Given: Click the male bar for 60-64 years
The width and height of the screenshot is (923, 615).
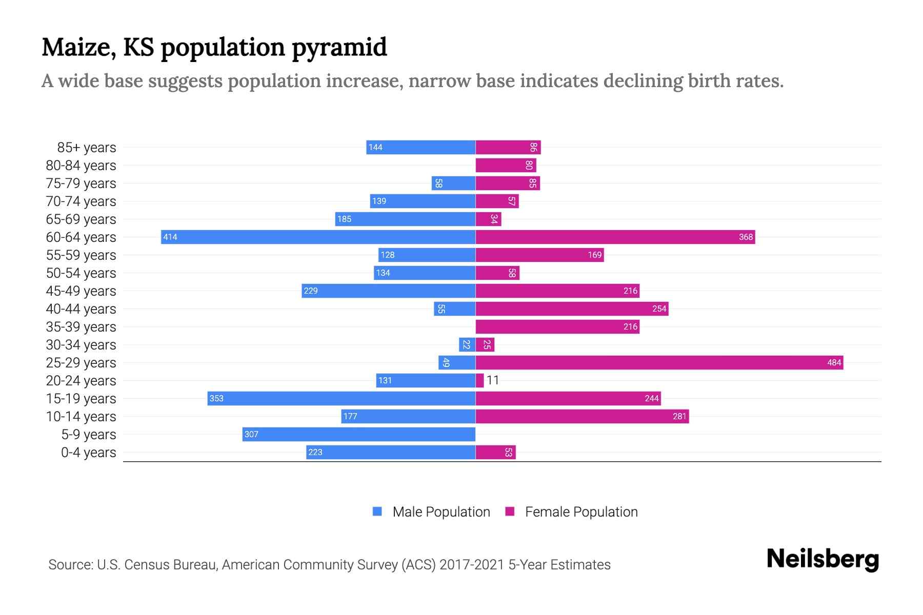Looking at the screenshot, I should (318, 237).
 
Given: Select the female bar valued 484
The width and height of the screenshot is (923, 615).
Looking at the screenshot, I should (659, 362).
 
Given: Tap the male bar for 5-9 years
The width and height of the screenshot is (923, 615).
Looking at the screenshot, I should (359, 434).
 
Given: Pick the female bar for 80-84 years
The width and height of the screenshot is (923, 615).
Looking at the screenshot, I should (505, 165).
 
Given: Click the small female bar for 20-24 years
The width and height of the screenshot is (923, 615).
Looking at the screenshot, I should (479, 380).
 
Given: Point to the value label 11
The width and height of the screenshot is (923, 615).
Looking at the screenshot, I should (493, 380).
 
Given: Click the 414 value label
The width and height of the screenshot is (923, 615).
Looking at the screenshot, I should (170, 237).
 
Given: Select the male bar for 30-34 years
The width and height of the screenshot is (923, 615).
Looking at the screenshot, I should (467, 344).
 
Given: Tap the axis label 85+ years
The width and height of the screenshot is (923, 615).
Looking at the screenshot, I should (86, 148).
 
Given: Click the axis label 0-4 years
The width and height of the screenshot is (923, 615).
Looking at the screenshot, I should (88, 453).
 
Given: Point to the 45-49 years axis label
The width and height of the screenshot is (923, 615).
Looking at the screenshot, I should (81, 291).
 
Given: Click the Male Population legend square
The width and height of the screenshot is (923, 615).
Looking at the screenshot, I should (377, 511).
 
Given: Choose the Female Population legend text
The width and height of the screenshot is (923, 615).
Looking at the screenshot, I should (581, 512).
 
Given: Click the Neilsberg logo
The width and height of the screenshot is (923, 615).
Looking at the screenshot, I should (822, 559).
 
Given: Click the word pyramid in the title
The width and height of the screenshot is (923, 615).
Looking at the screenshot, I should (339, 48).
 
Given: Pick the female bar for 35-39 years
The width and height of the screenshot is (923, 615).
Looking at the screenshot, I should (557, 326).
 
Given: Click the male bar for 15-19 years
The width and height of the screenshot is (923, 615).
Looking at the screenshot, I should (341, 398).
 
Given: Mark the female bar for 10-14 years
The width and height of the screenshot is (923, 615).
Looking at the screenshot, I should (582, 416).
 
